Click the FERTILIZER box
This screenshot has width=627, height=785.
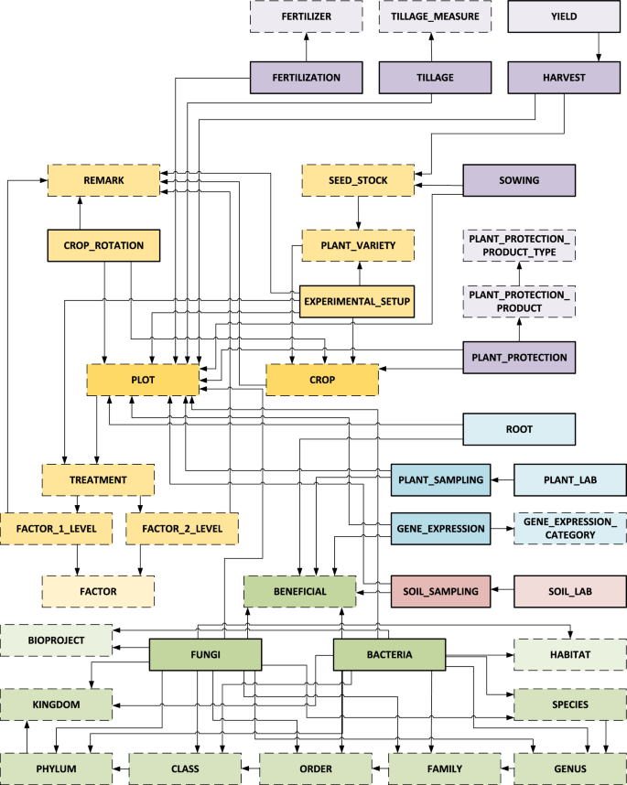[x=306, y=17]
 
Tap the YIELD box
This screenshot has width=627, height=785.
[x=565, y=17]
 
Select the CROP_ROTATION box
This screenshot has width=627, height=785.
[x=103, y=245]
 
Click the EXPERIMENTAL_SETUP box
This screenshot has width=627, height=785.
[x=358, y=299]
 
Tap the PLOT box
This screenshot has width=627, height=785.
[x=142, y=379]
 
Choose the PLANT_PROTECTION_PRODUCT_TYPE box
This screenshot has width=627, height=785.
[x=519, y=245]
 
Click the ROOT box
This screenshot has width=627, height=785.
[x=519, y=428]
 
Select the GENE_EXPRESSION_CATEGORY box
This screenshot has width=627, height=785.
[x=570, y=528]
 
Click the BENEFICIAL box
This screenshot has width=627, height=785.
[x=299, y=591]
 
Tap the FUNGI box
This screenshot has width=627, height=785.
[x=206, y=654]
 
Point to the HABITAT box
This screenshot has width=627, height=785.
[x=570, y=654]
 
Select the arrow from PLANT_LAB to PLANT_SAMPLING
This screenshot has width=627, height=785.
[x=503, y=479]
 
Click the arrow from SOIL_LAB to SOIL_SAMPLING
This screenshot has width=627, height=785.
[x=503, y=591]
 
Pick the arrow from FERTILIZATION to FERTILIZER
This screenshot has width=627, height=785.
[x=306, y=48]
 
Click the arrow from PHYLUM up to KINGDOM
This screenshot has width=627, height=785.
[x=27, y=737]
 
